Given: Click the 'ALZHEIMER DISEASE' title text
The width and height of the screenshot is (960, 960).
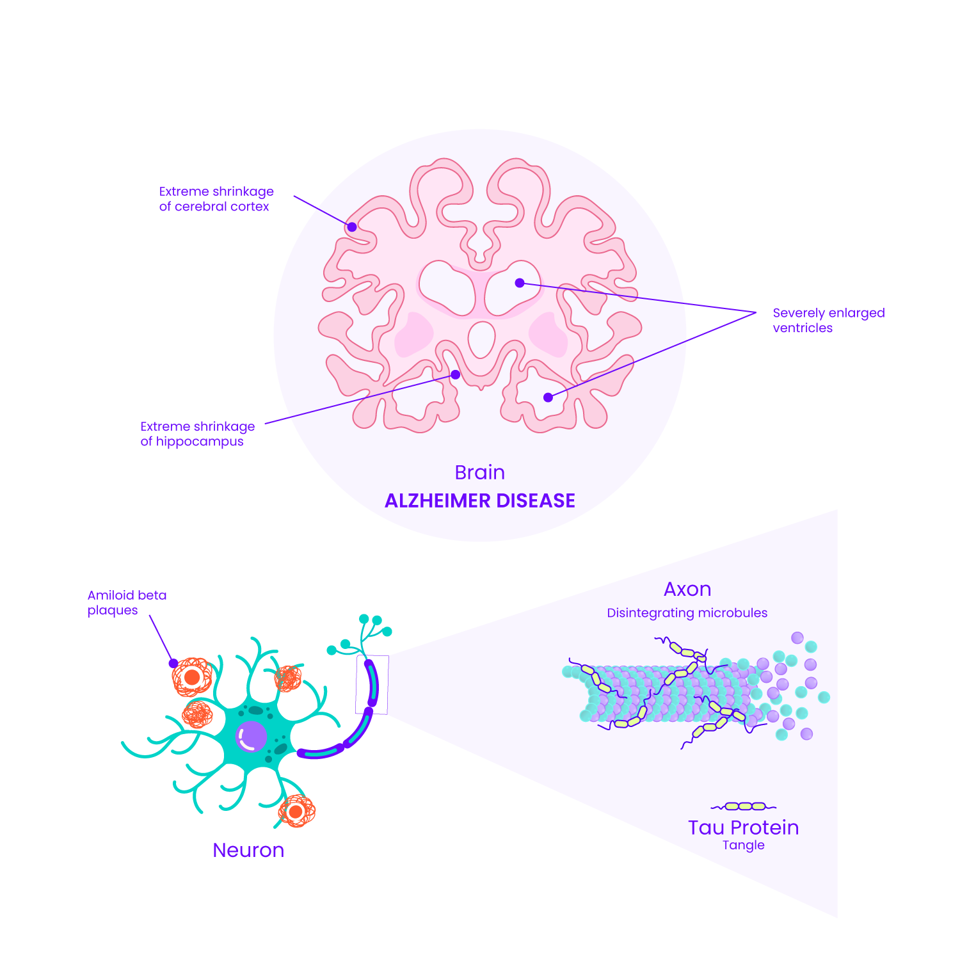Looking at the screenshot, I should pos(480,500).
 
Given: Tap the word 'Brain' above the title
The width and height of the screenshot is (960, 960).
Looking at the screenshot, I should pos(480,472).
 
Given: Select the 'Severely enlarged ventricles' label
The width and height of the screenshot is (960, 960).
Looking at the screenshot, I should pos(828,320).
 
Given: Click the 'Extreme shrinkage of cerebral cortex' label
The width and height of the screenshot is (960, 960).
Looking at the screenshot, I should pos(216,198).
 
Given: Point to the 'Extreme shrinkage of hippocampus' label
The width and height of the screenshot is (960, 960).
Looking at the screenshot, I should pos(197,433).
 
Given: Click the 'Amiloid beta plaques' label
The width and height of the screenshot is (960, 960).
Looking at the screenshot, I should pos(127,602).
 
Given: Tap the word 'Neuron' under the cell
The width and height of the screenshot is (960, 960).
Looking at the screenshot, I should pos(248,850).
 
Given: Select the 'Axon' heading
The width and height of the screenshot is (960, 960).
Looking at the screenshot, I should pos(687,589).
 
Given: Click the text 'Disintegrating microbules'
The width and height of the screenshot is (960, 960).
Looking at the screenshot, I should pos(687,612).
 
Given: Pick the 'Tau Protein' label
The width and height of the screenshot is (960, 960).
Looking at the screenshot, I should pos(743,828).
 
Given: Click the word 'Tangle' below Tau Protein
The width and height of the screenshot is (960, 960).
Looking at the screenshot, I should pos(743,845).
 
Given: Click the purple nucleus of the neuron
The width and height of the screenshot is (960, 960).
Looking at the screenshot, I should pos(251,736).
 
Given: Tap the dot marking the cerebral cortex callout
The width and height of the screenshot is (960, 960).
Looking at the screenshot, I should pos(351,227).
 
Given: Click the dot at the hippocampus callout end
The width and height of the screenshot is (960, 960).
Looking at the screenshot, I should pos(455,374).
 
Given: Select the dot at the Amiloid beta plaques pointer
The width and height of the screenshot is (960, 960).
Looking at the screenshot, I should pos(173,663).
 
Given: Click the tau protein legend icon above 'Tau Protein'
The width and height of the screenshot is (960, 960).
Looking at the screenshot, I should pos(743,806).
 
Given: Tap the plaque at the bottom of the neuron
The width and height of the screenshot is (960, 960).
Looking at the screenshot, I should pos(296,812).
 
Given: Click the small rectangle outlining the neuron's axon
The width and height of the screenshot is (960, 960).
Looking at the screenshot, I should pos(372,684).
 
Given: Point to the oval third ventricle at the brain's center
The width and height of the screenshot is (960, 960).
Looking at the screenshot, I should pos(481,339).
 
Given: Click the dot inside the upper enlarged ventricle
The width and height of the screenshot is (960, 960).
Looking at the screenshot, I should pos(520,283).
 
